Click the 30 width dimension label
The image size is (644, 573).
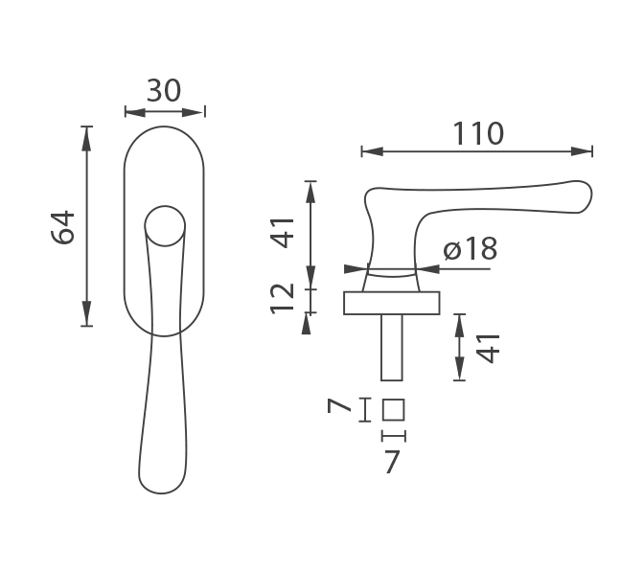tap(164, 91)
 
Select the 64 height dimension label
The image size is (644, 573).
tap(63, 227)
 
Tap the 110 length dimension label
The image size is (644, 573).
tap(477, 133)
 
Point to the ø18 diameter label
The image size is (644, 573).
tap(471, 248)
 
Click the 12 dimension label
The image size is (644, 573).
tap(282, 299)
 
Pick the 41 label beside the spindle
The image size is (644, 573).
tap(489, 349)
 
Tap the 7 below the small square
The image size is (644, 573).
tap(392, 462)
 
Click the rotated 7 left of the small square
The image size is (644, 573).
tap(339, 406)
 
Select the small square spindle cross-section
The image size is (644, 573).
tap(394, 409)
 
